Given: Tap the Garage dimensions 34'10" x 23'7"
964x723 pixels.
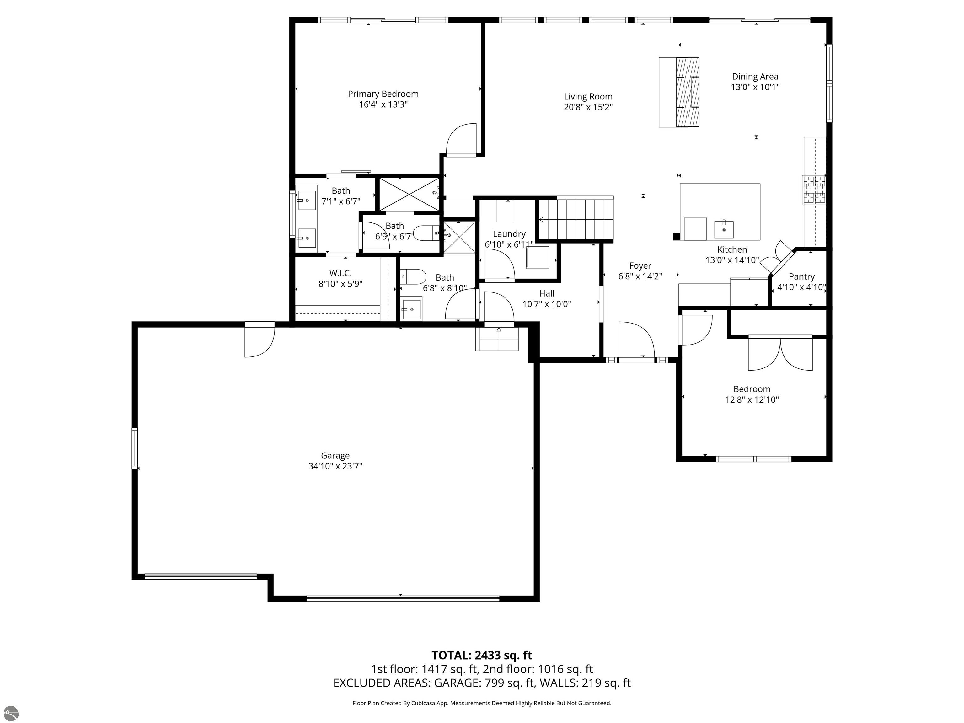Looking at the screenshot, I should (335, 466).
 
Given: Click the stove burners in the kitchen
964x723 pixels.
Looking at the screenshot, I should (814, 189).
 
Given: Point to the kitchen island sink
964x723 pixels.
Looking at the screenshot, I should (723, 228).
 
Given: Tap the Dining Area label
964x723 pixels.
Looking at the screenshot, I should (755, 77).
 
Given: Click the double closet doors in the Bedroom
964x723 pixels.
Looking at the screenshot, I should (780, 353).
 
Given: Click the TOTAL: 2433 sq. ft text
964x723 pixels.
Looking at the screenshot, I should (482, 655).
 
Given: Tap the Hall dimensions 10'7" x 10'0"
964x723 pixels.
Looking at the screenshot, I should (547, 304).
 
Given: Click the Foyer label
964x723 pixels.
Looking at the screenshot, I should (640, 266).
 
